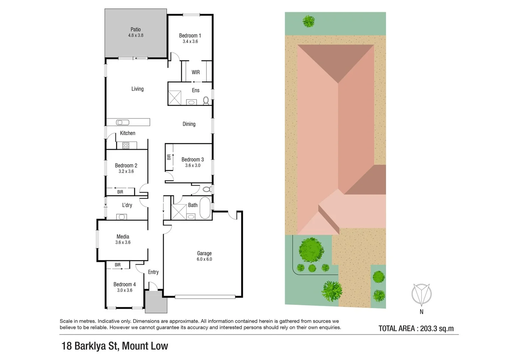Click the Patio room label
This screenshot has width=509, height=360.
tap(135, 29)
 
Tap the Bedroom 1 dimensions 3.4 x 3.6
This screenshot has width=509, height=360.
tap(190, 41)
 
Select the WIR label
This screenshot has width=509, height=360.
tap(196, 72)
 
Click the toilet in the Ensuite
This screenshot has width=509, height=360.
tap(206, 100)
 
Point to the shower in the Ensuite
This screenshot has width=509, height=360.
tap(174, 98)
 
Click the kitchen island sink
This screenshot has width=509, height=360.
tap(122, 122)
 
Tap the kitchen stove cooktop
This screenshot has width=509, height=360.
tap(126, 145)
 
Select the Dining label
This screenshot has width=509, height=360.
tap(189, 124)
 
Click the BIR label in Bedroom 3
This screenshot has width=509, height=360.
tap(169, 157)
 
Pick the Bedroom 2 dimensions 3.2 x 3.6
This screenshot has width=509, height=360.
tap(126, 171)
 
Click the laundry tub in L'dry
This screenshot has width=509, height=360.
tap(122, 217)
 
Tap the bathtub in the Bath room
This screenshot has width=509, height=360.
tap(205, 208)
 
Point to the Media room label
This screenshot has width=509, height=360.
tap(123, 237)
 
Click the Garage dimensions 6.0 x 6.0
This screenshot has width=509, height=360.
tap(204, 259)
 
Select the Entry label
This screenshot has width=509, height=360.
tap(153, 272)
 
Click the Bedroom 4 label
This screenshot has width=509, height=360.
tap(124, 284)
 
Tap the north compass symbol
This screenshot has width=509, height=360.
tap(421, 294)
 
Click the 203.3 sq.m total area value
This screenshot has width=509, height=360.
tap(437, 328)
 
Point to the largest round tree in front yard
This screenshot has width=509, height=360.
tap(311, 250)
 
